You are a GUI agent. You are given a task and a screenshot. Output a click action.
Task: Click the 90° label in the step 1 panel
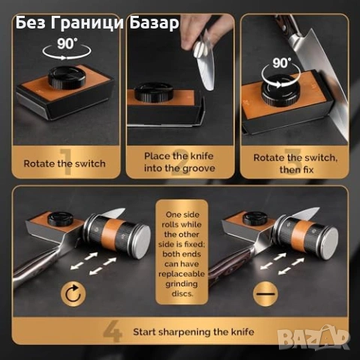(66, 43)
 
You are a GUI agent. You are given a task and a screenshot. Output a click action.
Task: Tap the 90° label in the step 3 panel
(282, 63)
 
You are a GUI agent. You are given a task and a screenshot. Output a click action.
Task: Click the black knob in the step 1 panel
(67, 77)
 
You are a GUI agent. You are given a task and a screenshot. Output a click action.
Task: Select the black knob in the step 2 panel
(154, 92)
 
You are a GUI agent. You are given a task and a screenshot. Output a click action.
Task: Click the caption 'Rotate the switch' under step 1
(64, 163)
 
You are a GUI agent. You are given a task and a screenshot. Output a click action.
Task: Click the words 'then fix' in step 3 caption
(296, 169)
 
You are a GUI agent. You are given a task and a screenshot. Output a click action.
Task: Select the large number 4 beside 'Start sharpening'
(112, 331)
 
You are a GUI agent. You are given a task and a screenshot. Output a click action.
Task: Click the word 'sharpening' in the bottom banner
(184, 332)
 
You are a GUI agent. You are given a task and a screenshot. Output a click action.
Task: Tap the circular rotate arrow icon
(73, 294)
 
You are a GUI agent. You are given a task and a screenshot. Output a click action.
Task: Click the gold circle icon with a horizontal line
(265, 294)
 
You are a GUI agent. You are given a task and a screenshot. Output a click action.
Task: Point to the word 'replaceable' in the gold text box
(181, 274)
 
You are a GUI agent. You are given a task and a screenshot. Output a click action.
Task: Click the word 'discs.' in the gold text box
(182, 293)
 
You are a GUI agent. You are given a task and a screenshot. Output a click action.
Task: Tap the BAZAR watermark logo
(313, 337)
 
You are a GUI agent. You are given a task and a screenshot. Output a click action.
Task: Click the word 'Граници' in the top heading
(87, 23)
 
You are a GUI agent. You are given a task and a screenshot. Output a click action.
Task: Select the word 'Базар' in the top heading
(154, 23)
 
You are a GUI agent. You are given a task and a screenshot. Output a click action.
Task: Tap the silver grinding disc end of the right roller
(328, 244)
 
